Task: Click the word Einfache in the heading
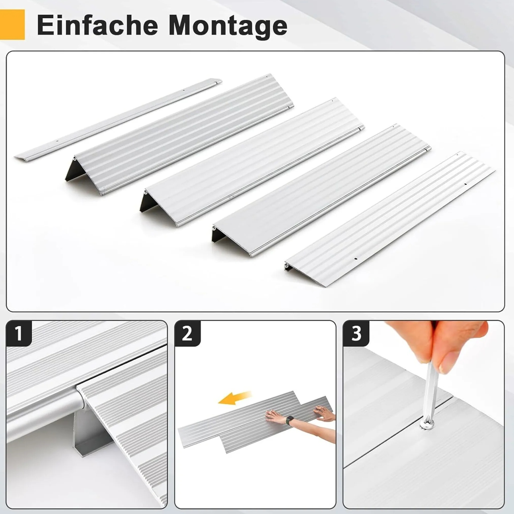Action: (x=97, y=25)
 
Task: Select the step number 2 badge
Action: (x=187, y=333)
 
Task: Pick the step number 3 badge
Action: (x=356, y=333)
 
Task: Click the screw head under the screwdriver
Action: (x=427, y=424)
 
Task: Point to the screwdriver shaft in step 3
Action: (x=430, y=390)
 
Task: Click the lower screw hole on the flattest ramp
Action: (x=355, y=259)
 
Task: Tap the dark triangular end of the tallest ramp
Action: (x=72, y=171)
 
